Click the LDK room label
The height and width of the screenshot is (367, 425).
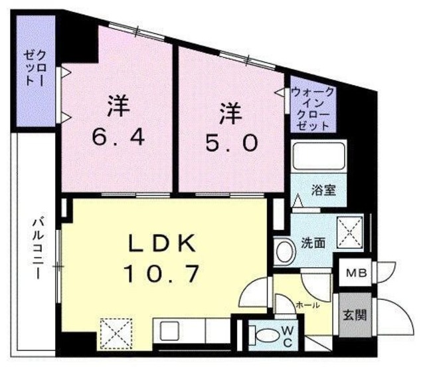pos(162,245)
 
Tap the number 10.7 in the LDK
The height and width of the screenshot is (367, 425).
pos(162,272)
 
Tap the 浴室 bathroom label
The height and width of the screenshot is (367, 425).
pos(325,189)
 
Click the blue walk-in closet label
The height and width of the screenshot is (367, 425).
pos(313,108)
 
